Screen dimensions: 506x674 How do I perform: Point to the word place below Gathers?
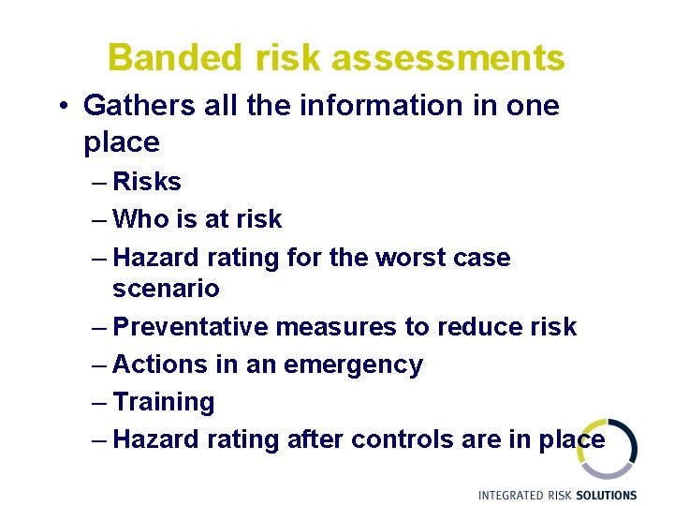tap(122, 142)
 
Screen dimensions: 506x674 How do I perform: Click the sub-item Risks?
tap(146, 181)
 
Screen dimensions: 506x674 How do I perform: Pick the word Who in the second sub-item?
tap(141, 219)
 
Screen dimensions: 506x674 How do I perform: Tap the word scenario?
tap(166, 289)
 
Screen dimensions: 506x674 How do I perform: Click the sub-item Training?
tap(163, 402)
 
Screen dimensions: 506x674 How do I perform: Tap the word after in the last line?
tap(314, 439)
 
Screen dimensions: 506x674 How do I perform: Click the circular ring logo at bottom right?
tap(608, 449)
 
